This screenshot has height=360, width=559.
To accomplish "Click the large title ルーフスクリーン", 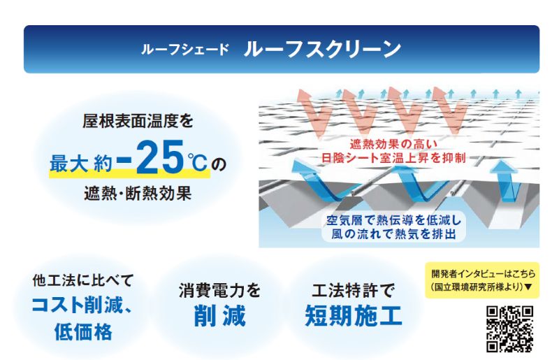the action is tap(322, 49).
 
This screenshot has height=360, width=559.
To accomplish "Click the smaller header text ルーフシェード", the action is tap(185, 49).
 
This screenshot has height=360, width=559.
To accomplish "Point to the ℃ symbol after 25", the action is tap(197, 162).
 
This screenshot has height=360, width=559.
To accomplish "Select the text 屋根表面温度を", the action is tap(138, 121).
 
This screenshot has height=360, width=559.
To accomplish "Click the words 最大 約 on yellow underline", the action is tap(81, 164).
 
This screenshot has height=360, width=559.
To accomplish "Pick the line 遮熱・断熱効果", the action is tap(138, 194).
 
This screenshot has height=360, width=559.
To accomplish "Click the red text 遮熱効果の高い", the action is tap(393, 144).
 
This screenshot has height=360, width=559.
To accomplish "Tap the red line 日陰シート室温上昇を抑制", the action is tap(393, 157).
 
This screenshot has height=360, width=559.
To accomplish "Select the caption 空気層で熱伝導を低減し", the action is tap(393, 220).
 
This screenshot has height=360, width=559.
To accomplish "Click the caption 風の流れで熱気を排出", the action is tap(393, 234).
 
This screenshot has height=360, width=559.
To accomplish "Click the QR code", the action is tap(510, 329).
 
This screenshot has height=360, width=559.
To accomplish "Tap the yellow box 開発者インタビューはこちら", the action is tap(482, 280).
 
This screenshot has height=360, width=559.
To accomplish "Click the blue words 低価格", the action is tap(83, 331).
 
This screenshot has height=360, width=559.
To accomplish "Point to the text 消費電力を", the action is tap(219, 290).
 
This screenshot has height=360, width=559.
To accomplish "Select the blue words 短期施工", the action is tap(354, 316).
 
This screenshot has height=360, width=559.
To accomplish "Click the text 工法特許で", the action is tap(353, 290).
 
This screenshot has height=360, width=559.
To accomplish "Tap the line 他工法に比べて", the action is tap(82, 280).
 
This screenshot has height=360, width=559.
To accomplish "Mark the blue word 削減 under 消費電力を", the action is tap(219, 316).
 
